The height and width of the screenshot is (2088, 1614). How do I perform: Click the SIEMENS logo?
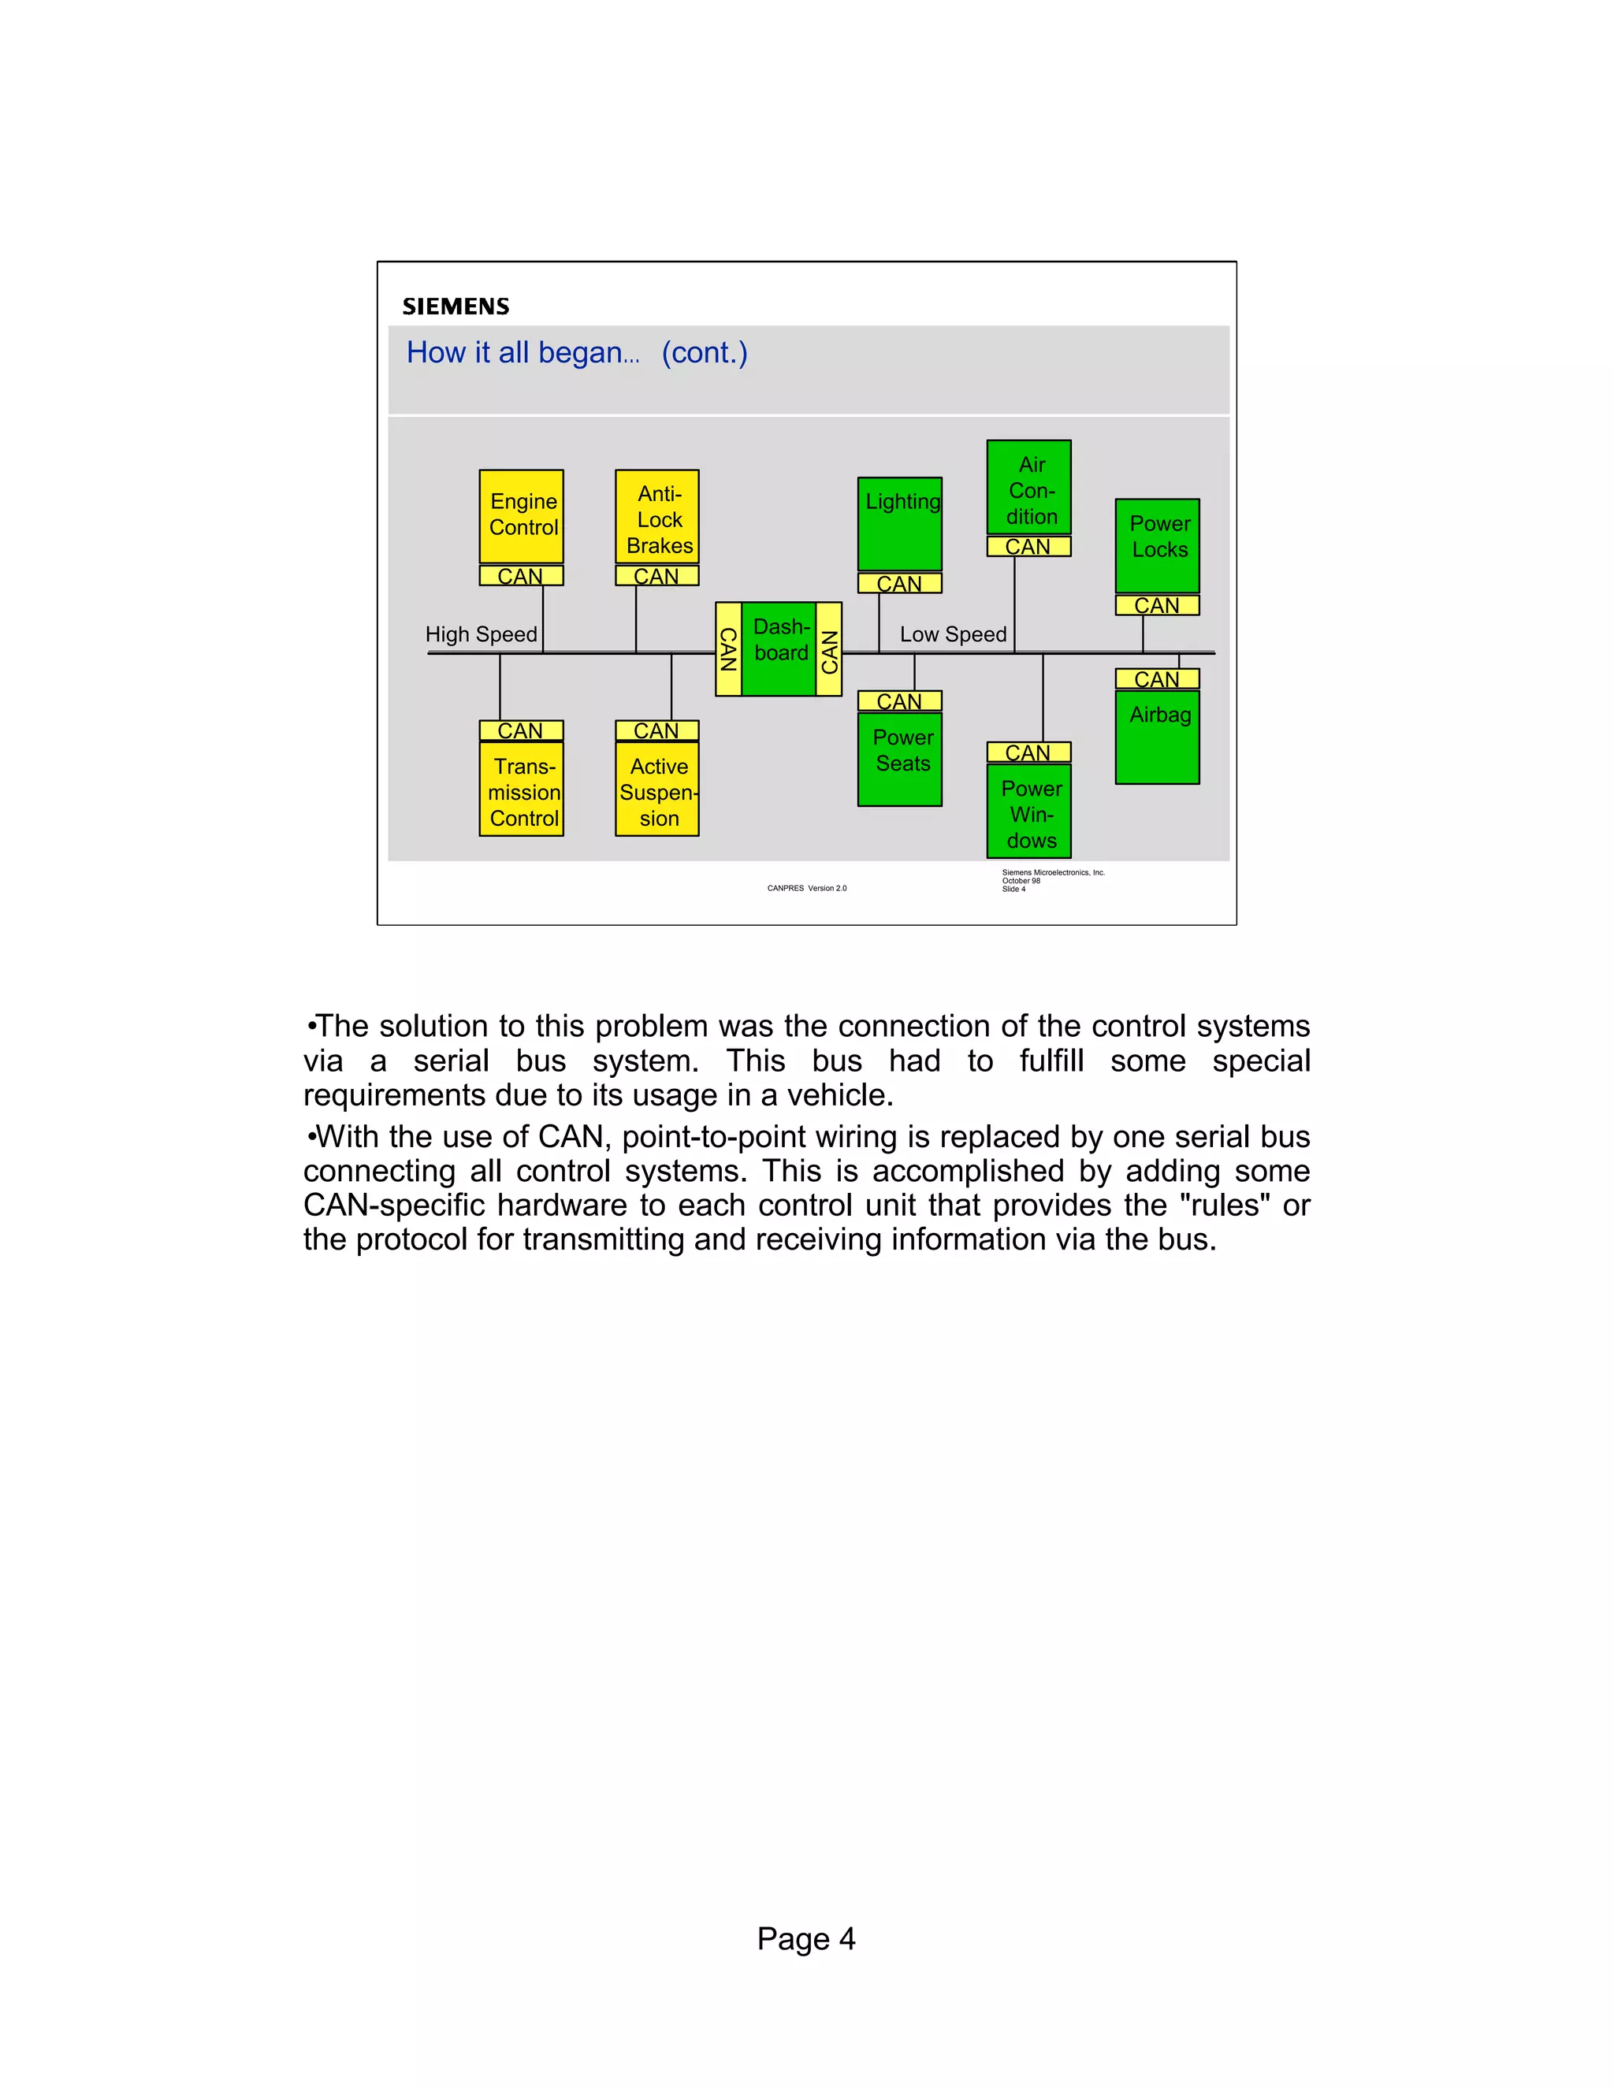[x=456, y=306]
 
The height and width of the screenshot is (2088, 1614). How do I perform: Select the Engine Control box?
[x=521, y=516]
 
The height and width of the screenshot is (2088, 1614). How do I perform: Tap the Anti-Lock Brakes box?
[x=657, y=516]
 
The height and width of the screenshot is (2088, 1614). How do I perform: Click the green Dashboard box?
[x=779, y=648]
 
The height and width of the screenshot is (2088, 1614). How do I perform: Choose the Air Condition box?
[x=1028, y=488]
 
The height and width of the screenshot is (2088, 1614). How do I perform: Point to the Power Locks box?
[x=1157, y=545]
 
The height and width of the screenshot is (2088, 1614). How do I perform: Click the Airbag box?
[x=1157, y=736]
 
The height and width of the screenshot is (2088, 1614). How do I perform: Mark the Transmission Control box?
[x=521, y=789]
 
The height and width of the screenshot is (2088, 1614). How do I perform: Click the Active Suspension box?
[x=657, y=789]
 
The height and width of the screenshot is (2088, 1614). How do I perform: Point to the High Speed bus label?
[x=481, y=633]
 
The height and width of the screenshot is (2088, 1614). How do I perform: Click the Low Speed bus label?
[x=952, y=633]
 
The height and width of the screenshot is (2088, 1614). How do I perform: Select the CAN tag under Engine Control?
[x=521, y=575]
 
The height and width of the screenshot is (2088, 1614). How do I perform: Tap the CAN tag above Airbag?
[x=1157, y=678]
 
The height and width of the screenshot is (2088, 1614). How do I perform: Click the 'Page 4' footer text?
[x=806, y=1938]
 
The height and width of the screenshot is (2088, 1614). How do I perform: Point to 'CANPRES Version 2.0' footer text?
[x=806, y=888]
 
